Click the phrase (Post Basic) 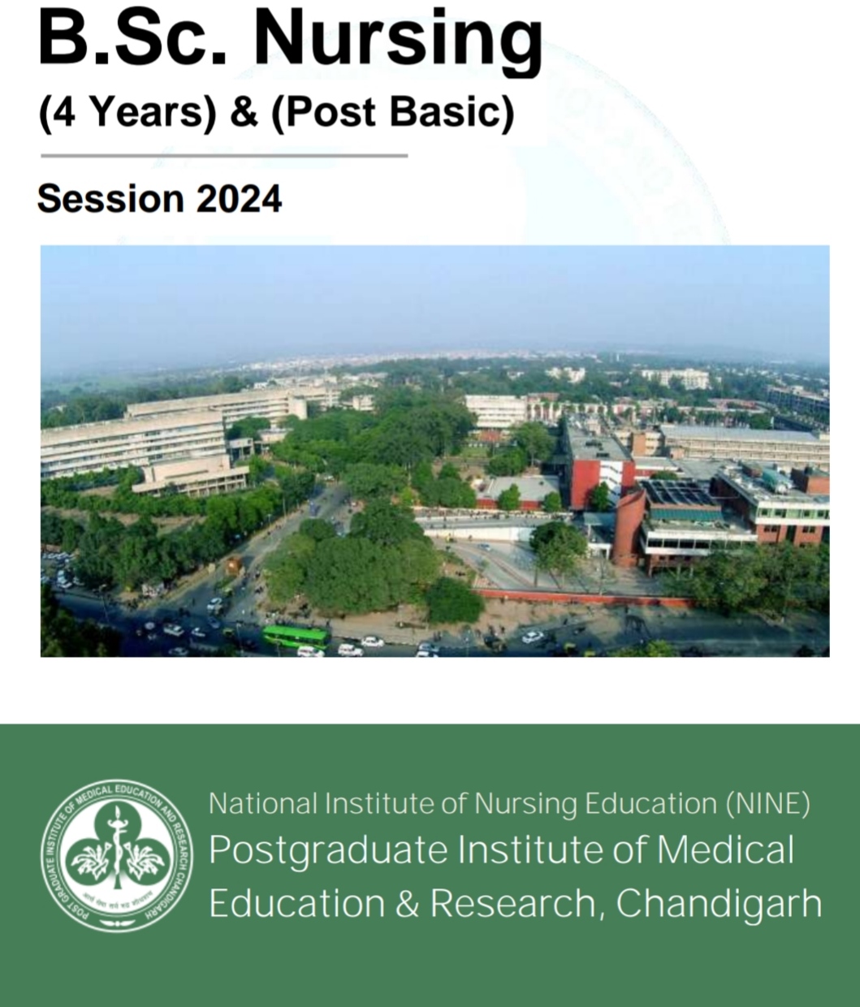[394, 112]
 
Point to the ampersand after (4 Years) [243, 112]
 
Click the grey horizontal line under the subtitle [223, 155]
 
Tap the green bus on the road [295, 636]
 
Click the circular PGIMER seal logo [117, 856]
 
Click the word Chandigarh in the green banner [719, 903]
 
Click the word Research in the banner [512, 903]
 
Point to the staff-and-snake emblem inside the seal [117, 849]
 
